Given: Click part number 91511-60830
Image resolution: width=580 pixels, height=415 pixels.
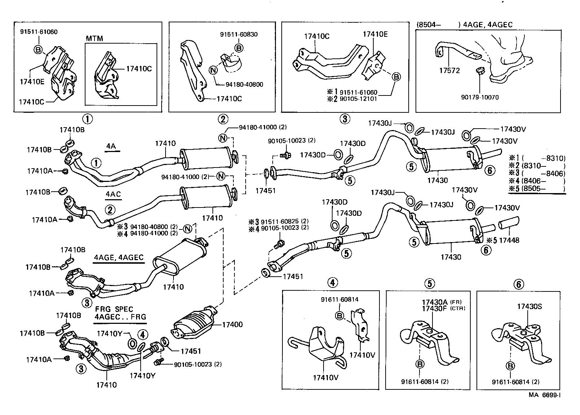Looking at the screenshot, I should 239,35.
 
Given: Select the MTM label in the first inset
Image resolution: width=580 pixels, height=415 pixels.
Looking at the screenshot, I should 95,39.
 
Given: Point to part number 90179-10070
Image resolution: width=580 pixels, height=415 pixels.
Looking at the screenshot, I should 480,97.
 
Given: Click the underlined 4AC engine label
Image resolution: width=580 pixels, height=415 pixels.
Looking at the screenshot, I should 113,195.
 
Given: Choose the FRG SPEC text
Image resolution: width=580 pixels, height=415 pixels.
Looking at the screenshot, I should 114,309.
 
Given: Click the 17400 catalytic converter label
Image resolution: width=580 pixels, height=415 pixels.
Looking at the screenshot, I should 232,325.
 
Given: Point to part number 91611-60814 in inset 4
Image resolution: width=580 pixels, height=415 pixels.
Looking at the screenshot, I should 340,299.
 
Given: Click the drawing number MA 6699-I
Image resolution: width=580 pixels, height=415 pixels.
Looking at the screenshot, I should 545,395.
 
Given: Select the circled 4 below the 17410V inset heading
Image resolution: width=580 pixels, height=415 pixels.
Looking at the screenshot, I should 332,283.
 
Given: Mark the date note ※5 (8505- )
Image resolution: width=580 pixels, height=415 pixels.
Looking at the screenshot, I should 537,188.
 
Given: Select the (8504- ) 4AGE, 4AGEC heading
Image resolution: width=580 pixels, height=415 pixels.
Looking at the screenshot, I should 465,25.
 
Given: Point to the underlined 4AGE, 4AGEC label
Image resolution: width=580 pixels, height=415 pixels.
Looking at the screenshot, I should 119,258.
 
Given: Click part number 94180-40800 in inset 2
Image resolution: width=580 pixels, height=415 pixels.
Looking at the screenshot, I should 244,85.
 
